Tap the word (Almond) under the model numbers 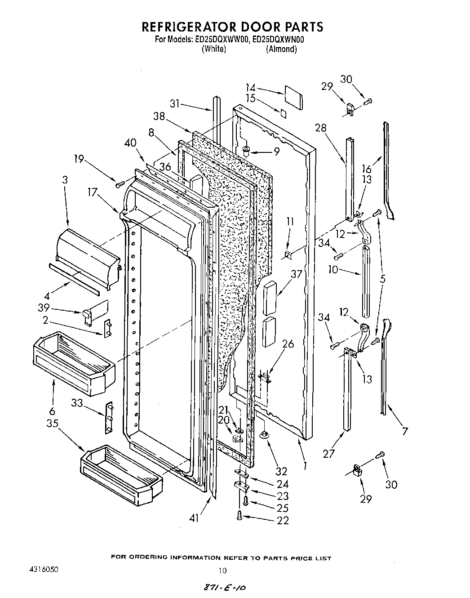281,49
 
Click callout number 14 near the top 250,88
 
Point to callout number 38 159,116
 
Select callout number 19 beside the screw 79,159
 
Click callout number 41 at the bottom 193,518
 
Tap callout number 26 288,344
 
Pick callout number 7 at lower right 405,432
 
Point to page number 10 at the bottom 222,571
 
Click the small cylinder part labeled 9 246,151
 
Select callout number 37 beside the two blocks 296,274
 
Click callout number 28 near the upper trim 320,128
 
